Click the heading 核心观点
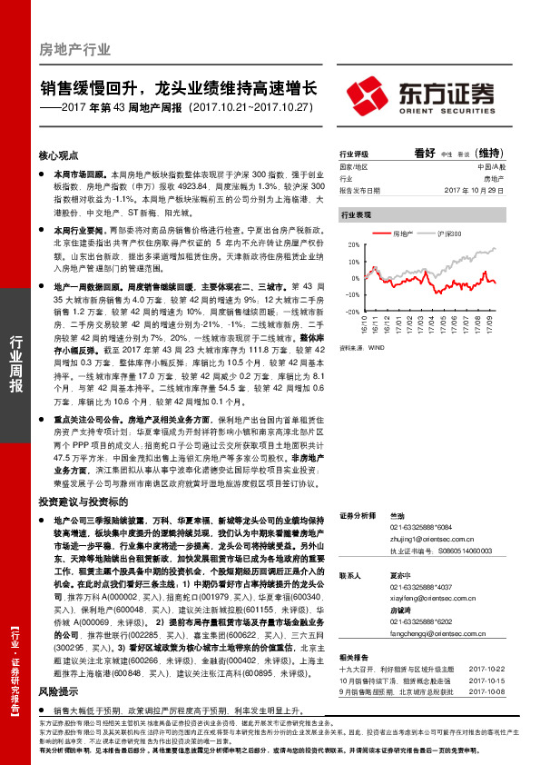59,155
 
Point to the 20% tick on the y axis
353,246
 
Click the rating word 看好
426,153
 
